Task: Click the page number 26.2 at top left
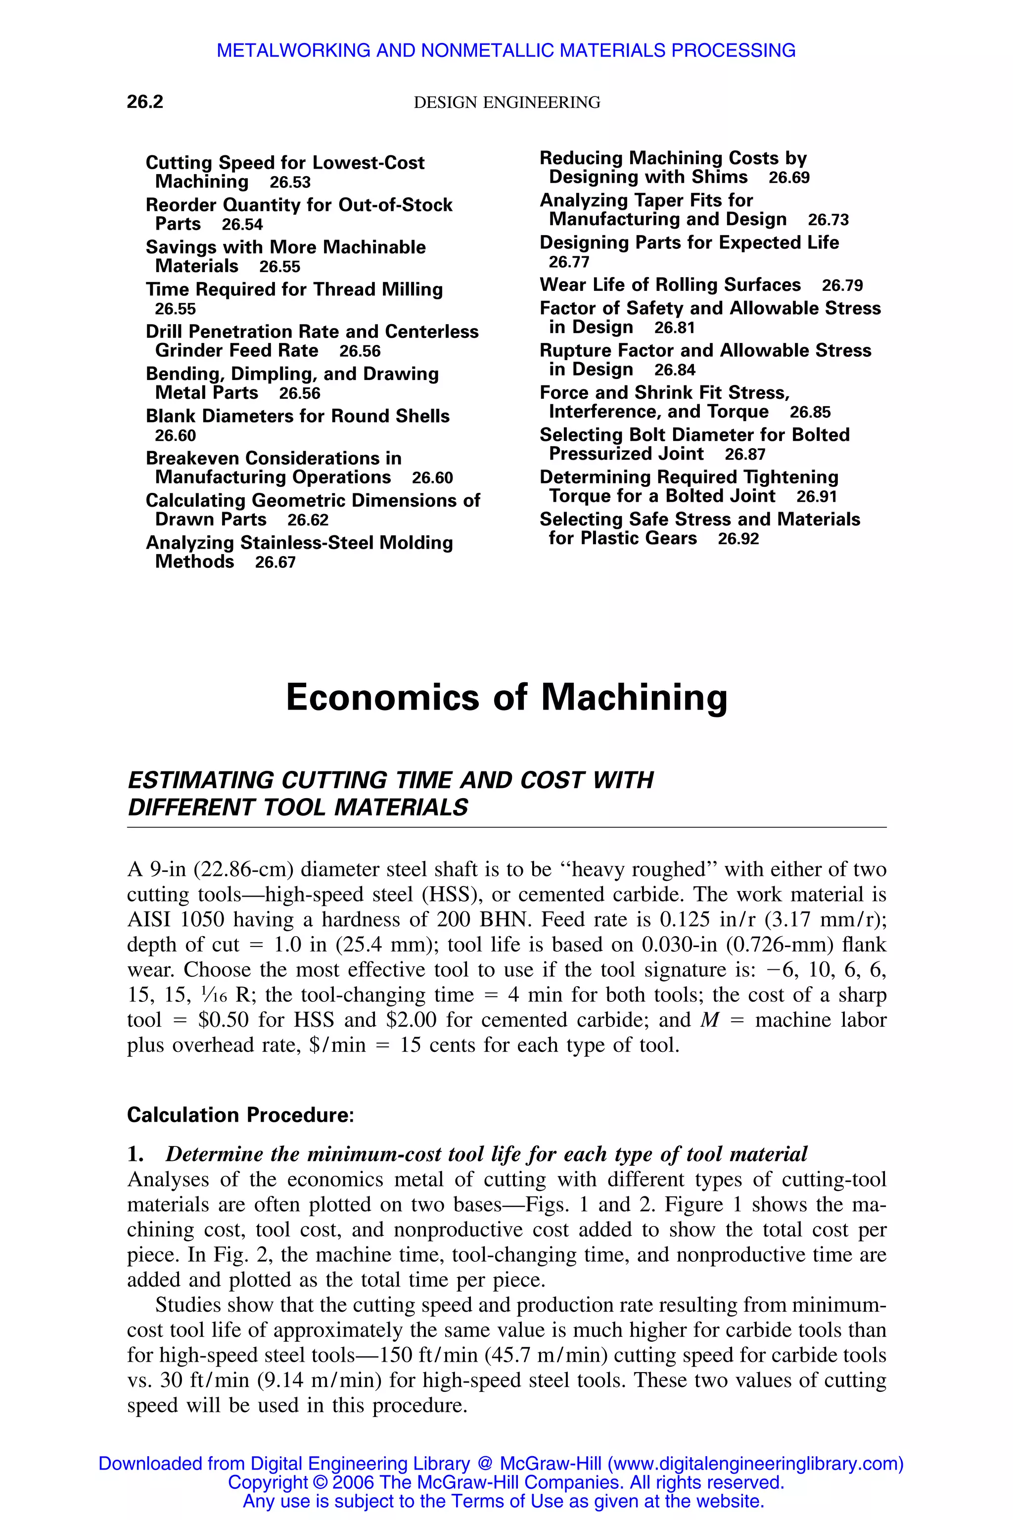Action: click(x=145, y=101)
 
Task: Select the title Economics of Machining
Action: click(x=506, y=698)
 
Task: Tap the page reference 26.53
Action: click(x=290, y=182)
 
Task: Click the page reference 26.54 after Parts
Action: click(x=242, y=224)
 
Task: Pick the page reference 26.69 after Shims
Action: click(x=789, y=178)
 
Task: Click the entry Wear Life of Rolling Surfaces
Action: click(x=670, y=285)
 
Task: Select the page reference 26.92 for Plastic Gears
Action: click(x=738, y=538)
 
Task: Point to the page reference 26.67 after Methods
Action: click(x=275, y=562)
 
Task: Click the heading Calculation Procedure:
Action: click(x=240, y=1115)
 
